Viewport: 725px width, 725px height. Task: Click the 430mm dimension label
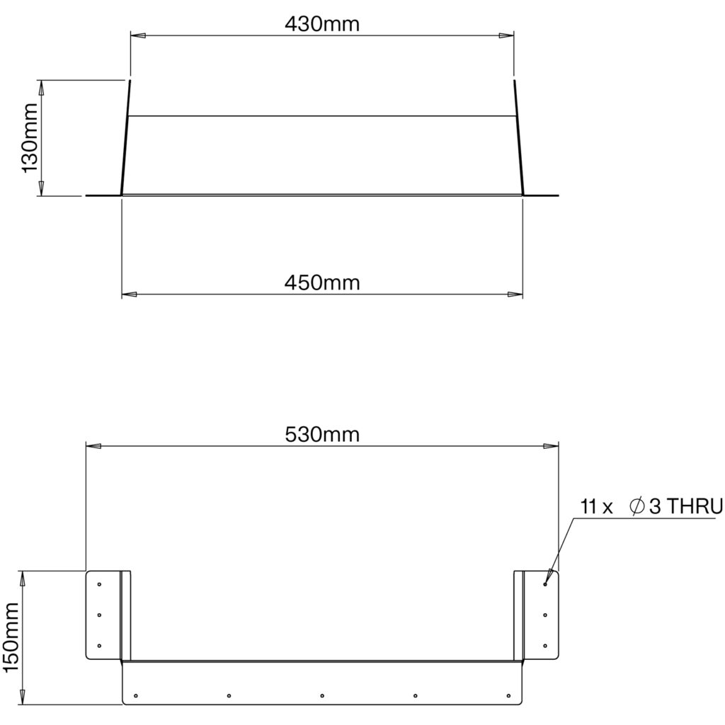coord(322,24)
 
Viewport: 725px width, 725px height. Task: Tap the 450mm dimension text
coord(322,282)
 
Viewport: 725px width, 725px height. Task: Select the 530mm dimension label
coord(322,435)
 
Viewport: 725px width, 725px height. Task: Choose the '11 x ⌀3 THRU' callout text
coord(651,507)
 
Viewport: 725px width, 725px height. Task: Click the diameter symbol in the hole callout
coord(637,507)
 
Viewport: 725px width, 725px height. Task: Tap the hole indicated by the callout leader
coord(546,584)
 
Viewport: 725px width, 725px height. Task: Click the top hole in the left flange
coord(99,584)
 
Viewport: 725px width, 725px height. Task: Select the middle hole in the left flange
coord(99,615)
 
